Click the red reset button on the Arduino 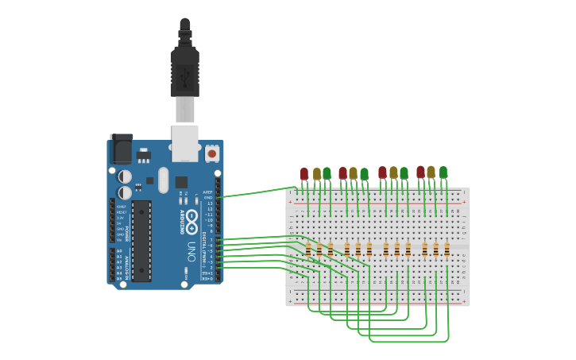(x=212, y=151)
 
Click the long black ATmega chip (x=141, y=241)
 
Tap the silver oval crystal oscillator (x=164, y=180)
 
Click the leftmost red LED (x=304, y=173)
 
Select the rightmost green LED (x=443, y=172)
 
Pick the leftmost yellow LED (x=316, y=173)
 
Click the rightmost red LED (x=420, y=172)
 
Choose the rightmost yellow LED (x=431, y=172)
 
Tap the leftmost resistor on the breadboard (x=308, y=250)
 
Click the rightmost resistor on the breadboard (x=446, y=250)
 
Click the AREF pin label (x=208, y=192)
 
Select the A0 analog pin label (x=120, y=251)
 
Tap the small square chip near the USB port (x=181, y=181)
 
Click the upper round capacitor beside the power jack (x=125, y=176)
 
